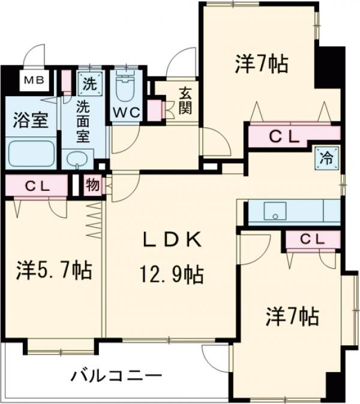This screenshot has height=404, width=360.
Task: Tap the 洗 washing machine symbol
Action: (x=88, y=83)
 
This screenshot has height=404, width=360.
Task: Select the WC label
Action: (x=125, y=112)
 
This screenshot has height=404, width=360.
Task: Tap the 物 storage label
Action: (x=92, y=185)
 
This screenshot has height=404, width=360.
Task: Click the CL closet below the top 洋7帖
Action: (x=282, y=136)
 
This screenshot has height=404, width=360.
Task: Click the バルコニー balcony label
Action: (x=116, y=377)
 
